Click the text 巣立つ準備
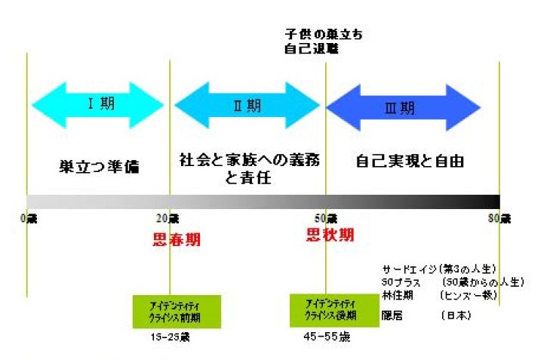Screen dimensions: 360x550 click(100, 167)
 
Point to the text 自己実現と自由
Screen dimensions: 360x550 click(410, 161)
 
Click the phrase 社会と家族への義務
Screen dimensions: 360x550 click(248, 160)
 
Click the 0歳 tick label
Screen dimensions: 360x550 click(29, 219)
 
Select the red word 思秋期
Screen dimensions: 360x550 click(330, 235)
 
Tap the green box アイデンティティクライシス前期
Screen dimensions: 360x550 click(177, 310)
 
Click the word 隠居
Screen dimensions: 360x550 click(392, 316)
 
